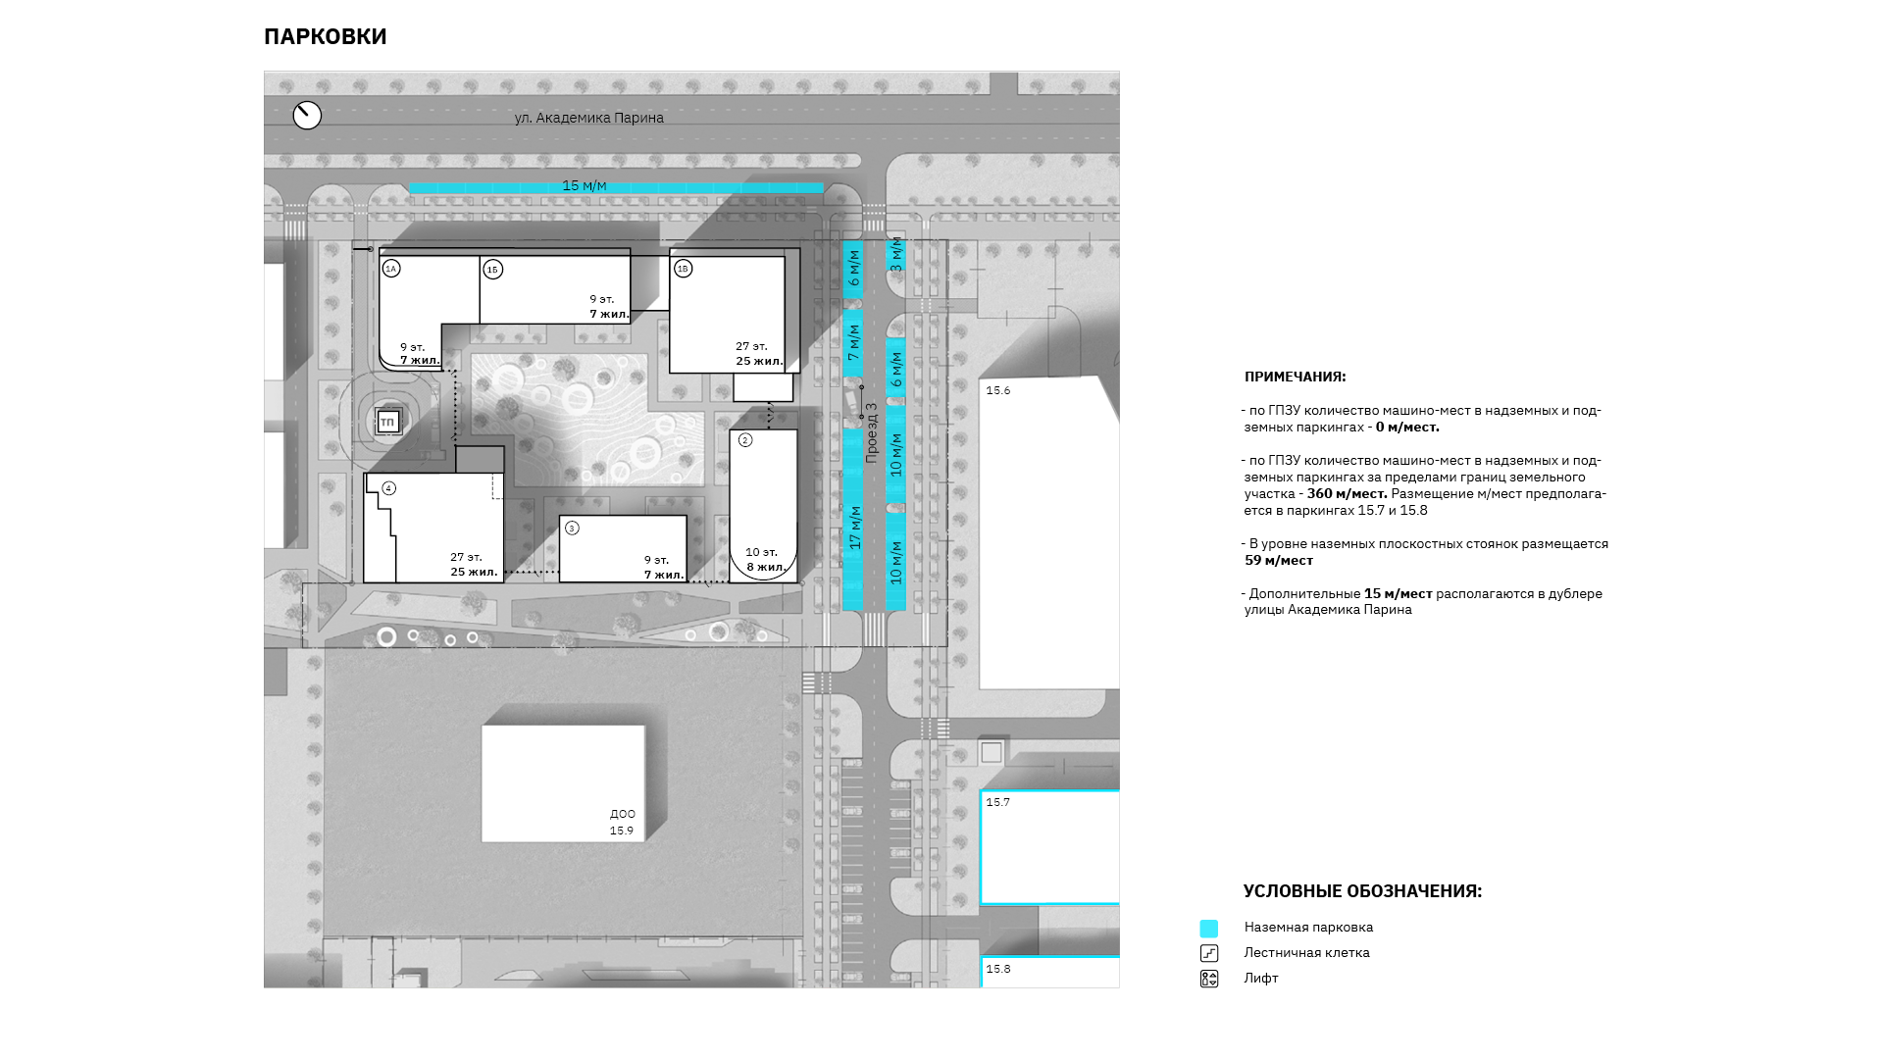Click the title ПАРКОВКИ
(x=326, y=36)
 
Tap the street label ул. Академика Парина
(x=589, y=118)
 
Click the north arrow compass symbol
(x=307, y=116)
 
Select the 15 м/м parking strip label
(x=585, y=186)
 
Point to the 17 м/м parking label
(x=854, y=528)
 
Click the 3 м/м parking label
(x=895, y=254)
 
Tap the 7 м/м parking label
(x=853, y=342)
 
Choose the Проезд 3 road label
(x=871, y=432)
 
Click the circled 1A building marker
(x=391, y=269)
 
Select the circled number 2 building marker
(x=745, y=440)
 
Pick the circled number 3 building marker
(x=573, y=529)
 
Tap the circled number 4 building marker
(x=389, y=488)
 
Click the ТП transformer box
(x=387, y=423)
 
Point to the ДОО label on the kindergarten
(x=623, y=814)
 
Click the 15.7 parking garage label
(x=997, y=802)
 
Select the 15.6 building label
(x=997, y=390)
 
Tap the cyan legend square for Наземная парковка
(x=1209, y=929)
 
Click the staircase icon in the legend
(x=1209, y=953)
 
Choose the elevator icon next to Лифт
(x=1209, y=979)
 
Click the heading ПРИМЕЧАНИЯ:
(x=1296, y=377)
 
